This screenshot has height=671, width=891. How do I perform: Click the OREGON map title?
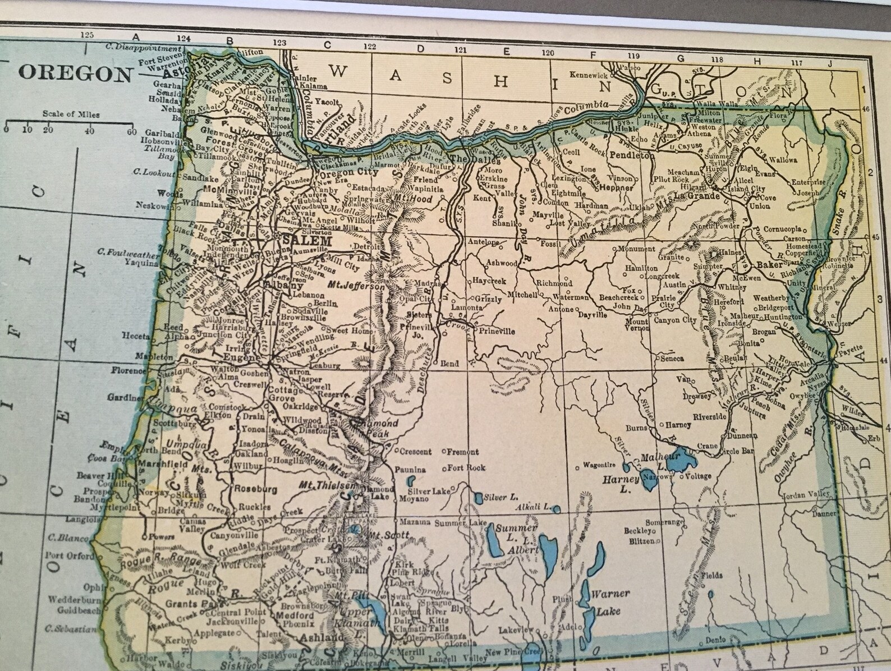tap(76, 74)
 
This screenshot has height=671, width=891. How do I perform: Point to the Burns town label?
tap(636, 428)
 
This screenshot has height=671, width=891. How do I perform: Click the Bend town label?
tap(449, 364)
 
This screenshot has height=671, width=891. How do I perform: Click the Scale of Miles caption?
tap(71, 114)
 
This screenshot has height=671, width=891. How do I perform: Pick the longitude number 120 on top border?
tap(548, 53)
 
